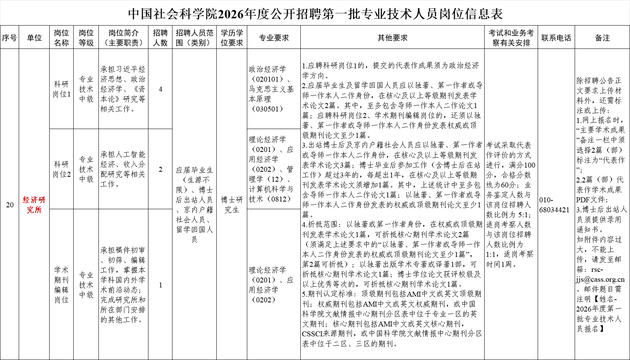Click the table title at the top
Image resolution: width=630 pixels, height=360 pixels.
[x=315, y=14]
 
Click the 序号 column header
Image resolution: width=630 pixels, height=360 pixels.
[x=9, y=38]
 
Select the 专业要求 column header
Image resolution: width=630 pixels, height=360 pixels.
[x=274, y=38]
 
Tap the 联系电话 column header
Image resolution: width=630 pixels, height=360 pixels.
[x=556, y=38]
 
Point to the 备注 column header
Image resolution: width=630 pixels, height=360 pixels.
[x=602, y=38]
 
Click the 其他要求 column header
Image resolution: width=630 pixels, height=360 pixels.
[x=392, y=38]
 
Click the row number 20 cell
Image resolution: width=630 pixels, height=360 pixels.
[x=10, y=205]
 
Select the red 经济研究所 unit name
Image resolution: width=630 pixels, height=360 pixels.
[x=34, y=205]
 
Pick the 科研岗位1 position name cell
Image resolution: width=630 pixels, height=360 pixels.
[x=61, y=89]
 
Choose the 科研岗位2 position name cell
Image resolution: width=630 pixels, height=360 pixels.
[x=61, y=169]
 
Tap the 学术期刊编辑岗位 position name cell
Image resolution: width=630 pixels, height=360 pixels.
[x=61, y=285]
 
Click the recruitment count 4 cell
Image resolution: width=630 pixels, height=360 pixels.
[x=160, y=89]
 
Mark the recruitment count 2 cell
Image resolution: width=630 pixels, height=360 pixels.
[x=160, y=169]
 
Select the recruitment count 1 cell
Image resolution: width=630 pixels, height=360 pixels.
[x=160, y=285]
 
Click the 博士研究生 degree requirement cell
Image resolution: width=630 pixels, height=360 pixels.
[x=232, y=205]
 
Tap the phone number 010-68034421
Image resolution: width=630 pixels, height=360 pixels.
[x=554, y=205]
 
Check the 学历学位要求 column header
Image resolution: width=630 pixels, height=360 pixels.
[x=232, y=38]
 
